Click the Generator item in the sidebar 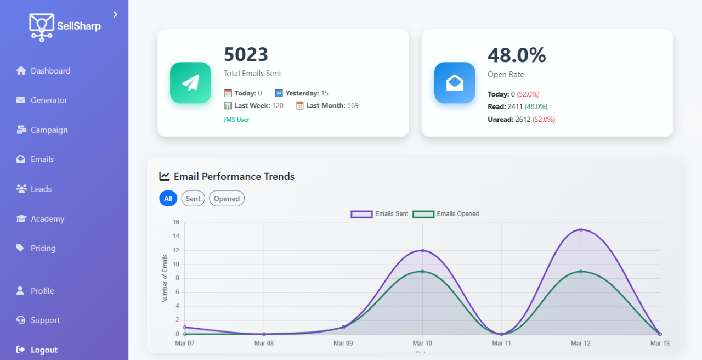point(49,100)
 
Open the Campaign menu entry point(49,130)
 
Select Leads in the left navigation point(41,189)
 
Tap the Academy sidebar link point(47,219)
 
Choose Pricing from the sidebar point(43,249)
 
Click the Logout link point(44,350)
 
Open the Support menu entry point(45,320)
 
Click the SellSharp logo point(65,26)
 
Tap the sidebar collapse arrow point(115,14)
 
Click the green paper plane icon point(190,83)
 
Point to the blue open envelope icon point(455,83)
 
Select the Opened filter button point(227,199)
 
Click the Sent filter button point(193,199)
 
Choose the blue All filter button point(168,199)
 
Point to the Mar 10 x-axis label point(422,344)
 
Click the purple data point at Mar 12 point(580,229)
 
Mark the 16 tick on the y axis point(175,222)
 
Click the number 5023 point(246,55)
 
